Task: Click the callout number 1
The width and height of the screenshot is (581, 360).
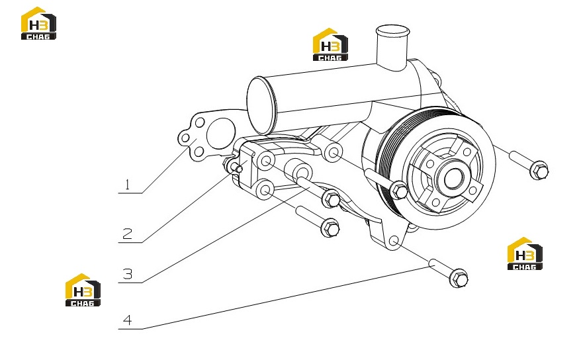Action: point(128,185)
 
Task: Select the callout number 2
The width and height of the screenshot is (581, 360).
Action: point(128,234)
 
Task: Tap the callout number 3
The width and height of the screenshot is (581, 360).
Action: point(128,274)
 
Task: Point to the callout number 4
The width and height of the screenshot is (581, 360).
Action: point(128,320)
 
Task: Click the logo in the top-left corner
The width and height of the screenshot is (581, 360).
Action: point(38,23)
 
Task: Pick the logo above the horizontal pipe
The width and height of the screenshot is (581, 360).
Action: point(330,44)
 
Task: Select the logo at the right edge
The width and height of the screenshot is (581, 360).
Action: point(525,253)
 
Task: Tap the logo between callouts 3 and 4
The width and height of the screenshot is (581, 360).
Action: point(83,290)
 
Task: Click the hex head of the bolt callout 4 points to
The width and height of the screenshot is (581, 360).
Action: point(459,279)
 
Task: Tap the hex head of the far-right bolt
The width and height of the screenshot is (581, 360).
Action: point(539,170)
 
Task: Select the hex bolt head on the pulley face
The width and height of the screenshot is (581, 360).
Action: point(399,191)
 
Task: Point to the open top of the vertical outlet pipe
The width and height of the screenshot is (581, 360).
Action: point(392,30)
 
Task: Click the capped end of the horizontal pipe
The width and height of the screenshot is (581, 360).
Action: point(262,105)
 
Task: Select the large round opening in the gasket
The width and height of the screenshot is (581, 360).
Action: point(221,134)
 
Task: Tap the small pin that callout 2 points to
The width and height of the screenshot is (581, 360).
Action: point(236,168)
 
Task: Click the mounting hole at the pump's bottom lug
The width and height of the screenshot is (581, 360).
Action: point(394,241)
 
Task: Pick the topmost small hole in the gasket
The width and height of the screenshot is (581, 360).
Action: point(200,122)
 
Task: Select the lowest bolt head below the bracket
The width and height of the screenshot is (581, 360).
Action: point(330,228)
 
